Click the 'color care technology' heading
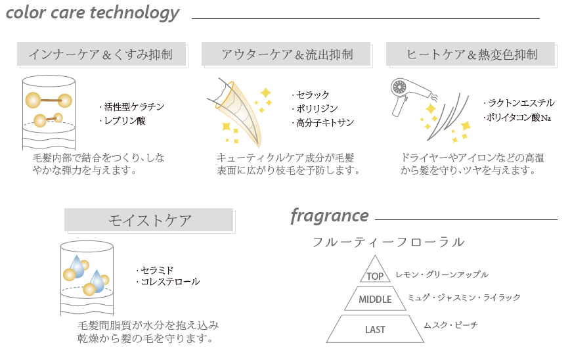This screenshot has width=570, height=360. [93, 12]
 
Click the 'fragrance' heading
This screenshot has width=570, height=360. [330, 216]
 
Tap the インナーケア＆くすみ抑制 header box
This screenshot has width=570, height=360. [101, 54]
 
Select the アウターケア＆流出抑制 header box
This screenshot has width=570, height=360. [286, 54]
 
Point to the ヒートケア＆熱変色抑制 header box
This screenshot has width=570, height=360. [471, 54]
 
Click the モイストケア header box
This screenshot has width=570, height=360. [148, 220]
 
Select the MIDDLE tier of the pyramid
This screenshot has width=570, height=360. [375, 299]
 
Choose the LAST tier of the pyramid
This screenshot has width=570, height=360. [375, 329]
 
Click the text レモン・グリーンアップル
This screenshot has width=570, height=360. [442, 275]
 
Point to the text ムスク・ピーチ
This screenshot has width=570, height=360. [450, 325]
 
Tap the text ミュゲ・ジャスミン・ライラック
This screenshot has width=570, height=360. [464, 298]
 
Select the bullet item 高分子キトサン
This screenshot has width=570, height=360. [322, 123]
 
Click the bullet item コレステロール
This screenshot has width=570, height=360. [167, 282]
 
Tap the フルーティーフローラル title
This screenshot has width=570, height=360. [388, 242]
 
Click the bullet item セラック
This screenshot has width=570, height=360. [310, 95]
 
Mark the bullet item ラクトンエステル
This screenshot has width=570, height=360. [519, 103]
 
